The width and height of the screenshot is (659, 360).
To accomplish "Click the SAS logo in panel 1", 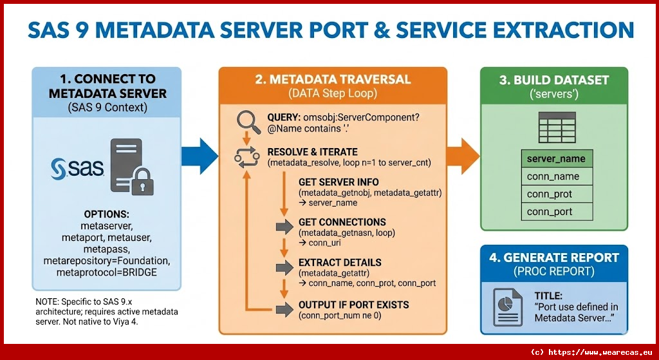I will pos(74,169).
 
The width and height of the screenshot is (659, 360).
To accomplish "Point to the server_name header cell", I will pos(556,158).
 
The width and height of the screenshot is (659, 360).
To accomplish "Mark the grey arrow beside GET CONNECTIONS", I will pos(284,227).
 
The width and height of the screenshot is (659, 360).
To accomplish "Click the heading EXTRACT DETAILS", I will pos(340,263).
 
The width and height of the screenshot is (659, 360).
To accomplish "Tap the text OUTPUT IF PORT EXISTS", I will pos(353,305).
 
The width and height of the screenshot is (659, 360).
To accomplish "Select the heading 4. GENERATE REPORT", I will pos(553,258).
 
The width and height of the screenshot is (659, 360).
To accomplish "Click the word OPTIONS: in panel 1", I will pos(107,214).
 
